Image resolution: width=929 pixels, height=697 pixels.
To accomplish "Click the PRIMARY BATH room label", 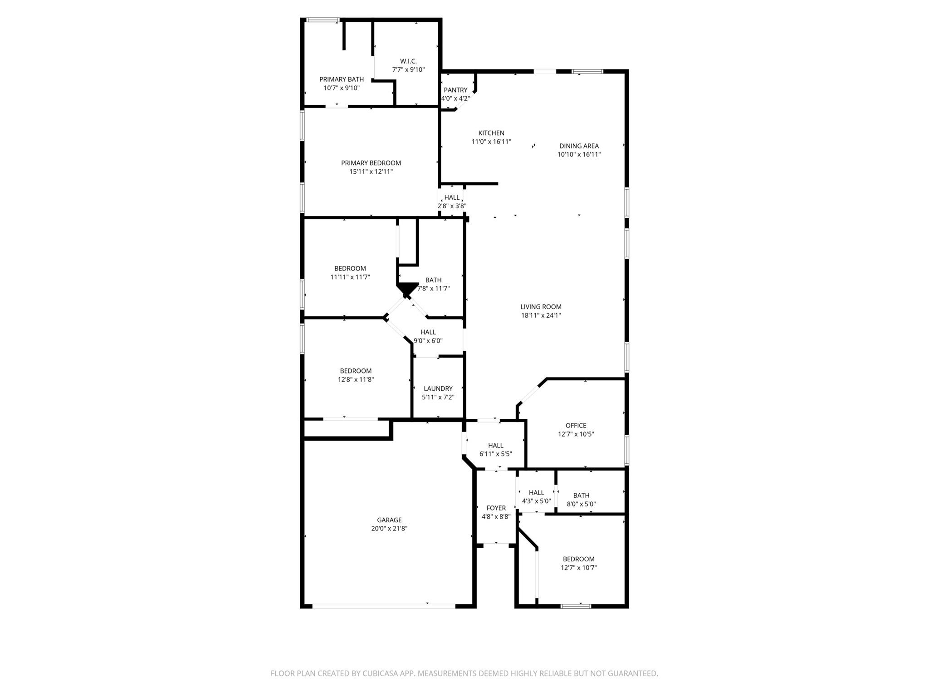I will pyautogui.click(x=341, y=79).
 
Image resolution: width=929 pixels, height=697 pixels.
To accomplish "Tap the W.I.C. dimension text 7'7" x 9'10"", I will pyautogui.click(x=408, y=70).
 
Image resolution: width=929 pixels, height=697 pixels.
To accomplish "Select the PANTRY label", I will pyautogui.click(x=455, y=90).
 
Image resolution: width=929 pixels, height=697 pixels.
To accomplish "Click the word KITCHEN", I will pyautogui.click(x=491, y=133).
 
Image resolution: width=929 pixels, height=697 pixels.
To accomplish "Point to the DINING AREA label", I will pyautogui.click(x=579, y=146).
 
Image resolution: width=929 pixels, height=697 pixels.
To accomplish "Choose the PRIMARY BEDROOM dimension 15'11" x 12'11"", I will pyautogui.click(x=371, y=172).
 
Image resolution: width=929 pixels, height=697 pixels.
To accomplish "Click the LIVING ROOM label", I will pyautogui.click(x=541, y=307).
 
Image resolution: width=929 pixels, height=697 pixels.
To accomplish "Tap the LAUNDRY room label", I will pyautogui.click(x=438, y=388).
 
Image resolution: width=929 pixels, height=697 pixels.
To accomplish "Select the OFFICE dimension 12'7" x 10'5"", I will pyautogui.click(x=576, y=434).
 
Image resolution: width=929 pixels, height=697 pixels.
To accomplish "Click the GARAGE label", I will pyautogui.click(x=389, y=520).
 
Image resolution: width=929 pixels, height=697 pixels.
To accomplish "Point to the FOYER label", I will pyautogui.click(x=496, y=508).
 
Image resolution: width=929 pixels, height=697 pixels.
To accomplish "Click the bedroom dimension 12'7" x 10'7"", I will pyautogui.click(x=578, y=568).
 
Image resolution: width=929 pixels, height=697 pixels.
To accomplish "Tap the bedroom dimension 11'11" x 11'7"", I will pyautogui.click(x=350, y=277).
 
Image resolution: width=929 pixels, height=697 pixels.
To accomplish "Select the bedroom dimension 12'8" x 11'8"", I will pyautogui.click(x=356, y=379).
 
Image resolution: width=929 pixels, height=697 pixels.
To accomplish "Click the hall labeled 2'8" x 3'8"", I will pyautogui.click(x=452, y=201).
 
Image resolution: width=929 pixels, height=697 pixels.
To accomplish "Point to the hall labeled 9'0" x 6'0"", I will pyautogui.click(x=428, y=336).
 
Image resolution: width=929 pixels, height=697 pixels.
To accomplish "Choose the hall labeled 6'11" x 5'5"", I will pyautogui.click(x=495, y=450).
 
